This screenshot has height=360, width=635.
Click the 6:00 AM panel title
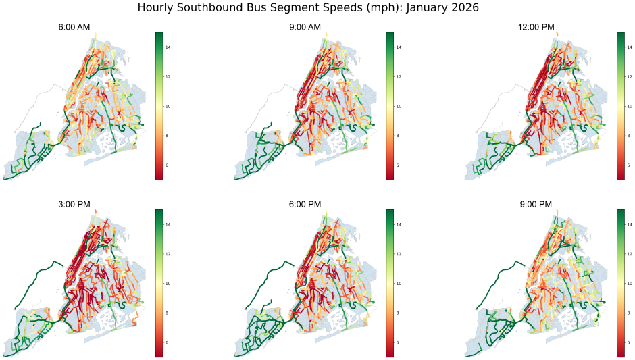(x=74, y=27)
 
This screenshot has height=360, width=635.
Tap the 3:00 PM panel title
(x=74, y=204)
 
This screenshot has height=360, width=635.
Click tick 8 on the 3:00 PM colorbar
(x=170, y=313)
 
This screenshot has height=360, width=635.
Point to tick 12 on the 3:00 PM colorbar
(x=170, y=254)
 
